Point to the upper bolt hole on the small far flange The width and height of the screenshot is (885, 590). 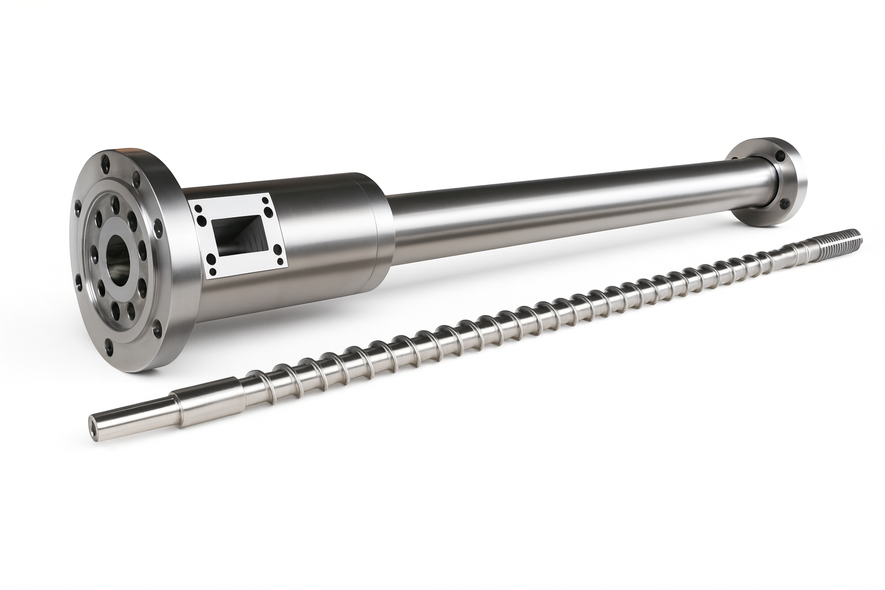coord(781,156)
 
